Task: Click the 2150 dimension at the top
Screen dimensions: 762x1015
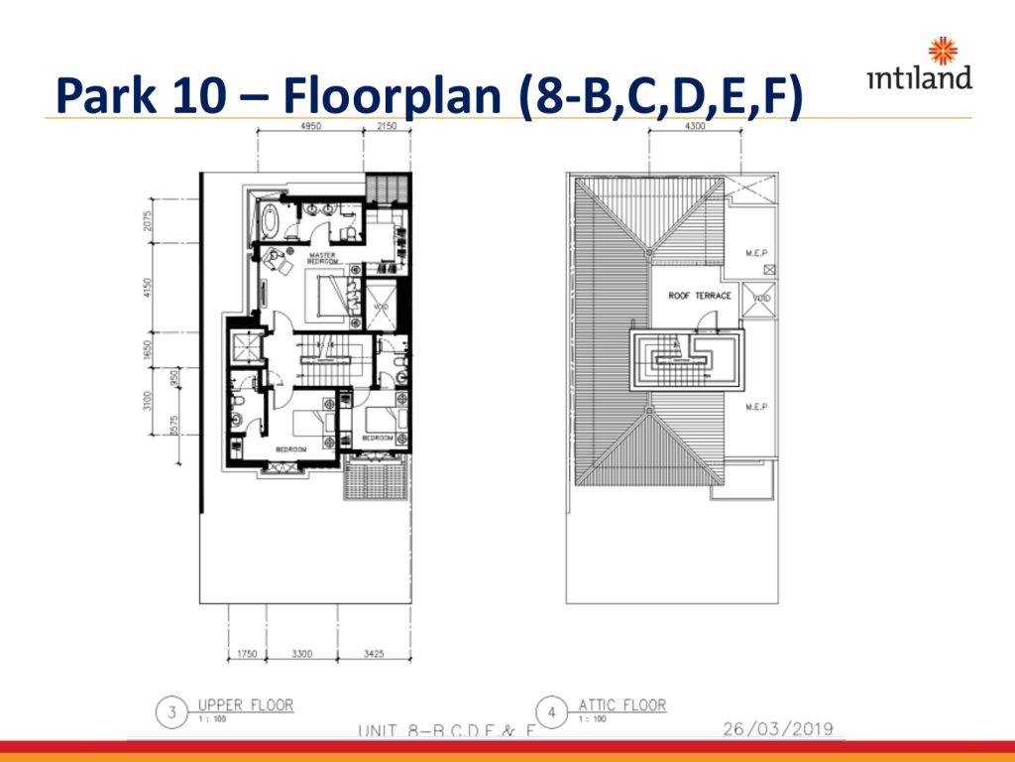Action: click(x=387, y=128)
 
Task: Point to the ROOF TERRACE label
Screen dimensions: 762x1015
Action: click(x=700, y=296)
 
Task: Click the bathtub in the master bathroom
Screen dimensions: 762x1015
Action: click(x=267, y=218)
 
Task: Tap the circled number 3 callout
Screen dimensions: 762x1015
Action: click(x=172, y=711)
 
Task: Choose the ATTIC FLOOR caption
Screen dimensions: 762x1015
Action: click(x=622, y=705)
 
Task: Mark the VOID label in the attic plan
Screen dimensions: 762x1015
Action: click(x=758, y=299)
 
